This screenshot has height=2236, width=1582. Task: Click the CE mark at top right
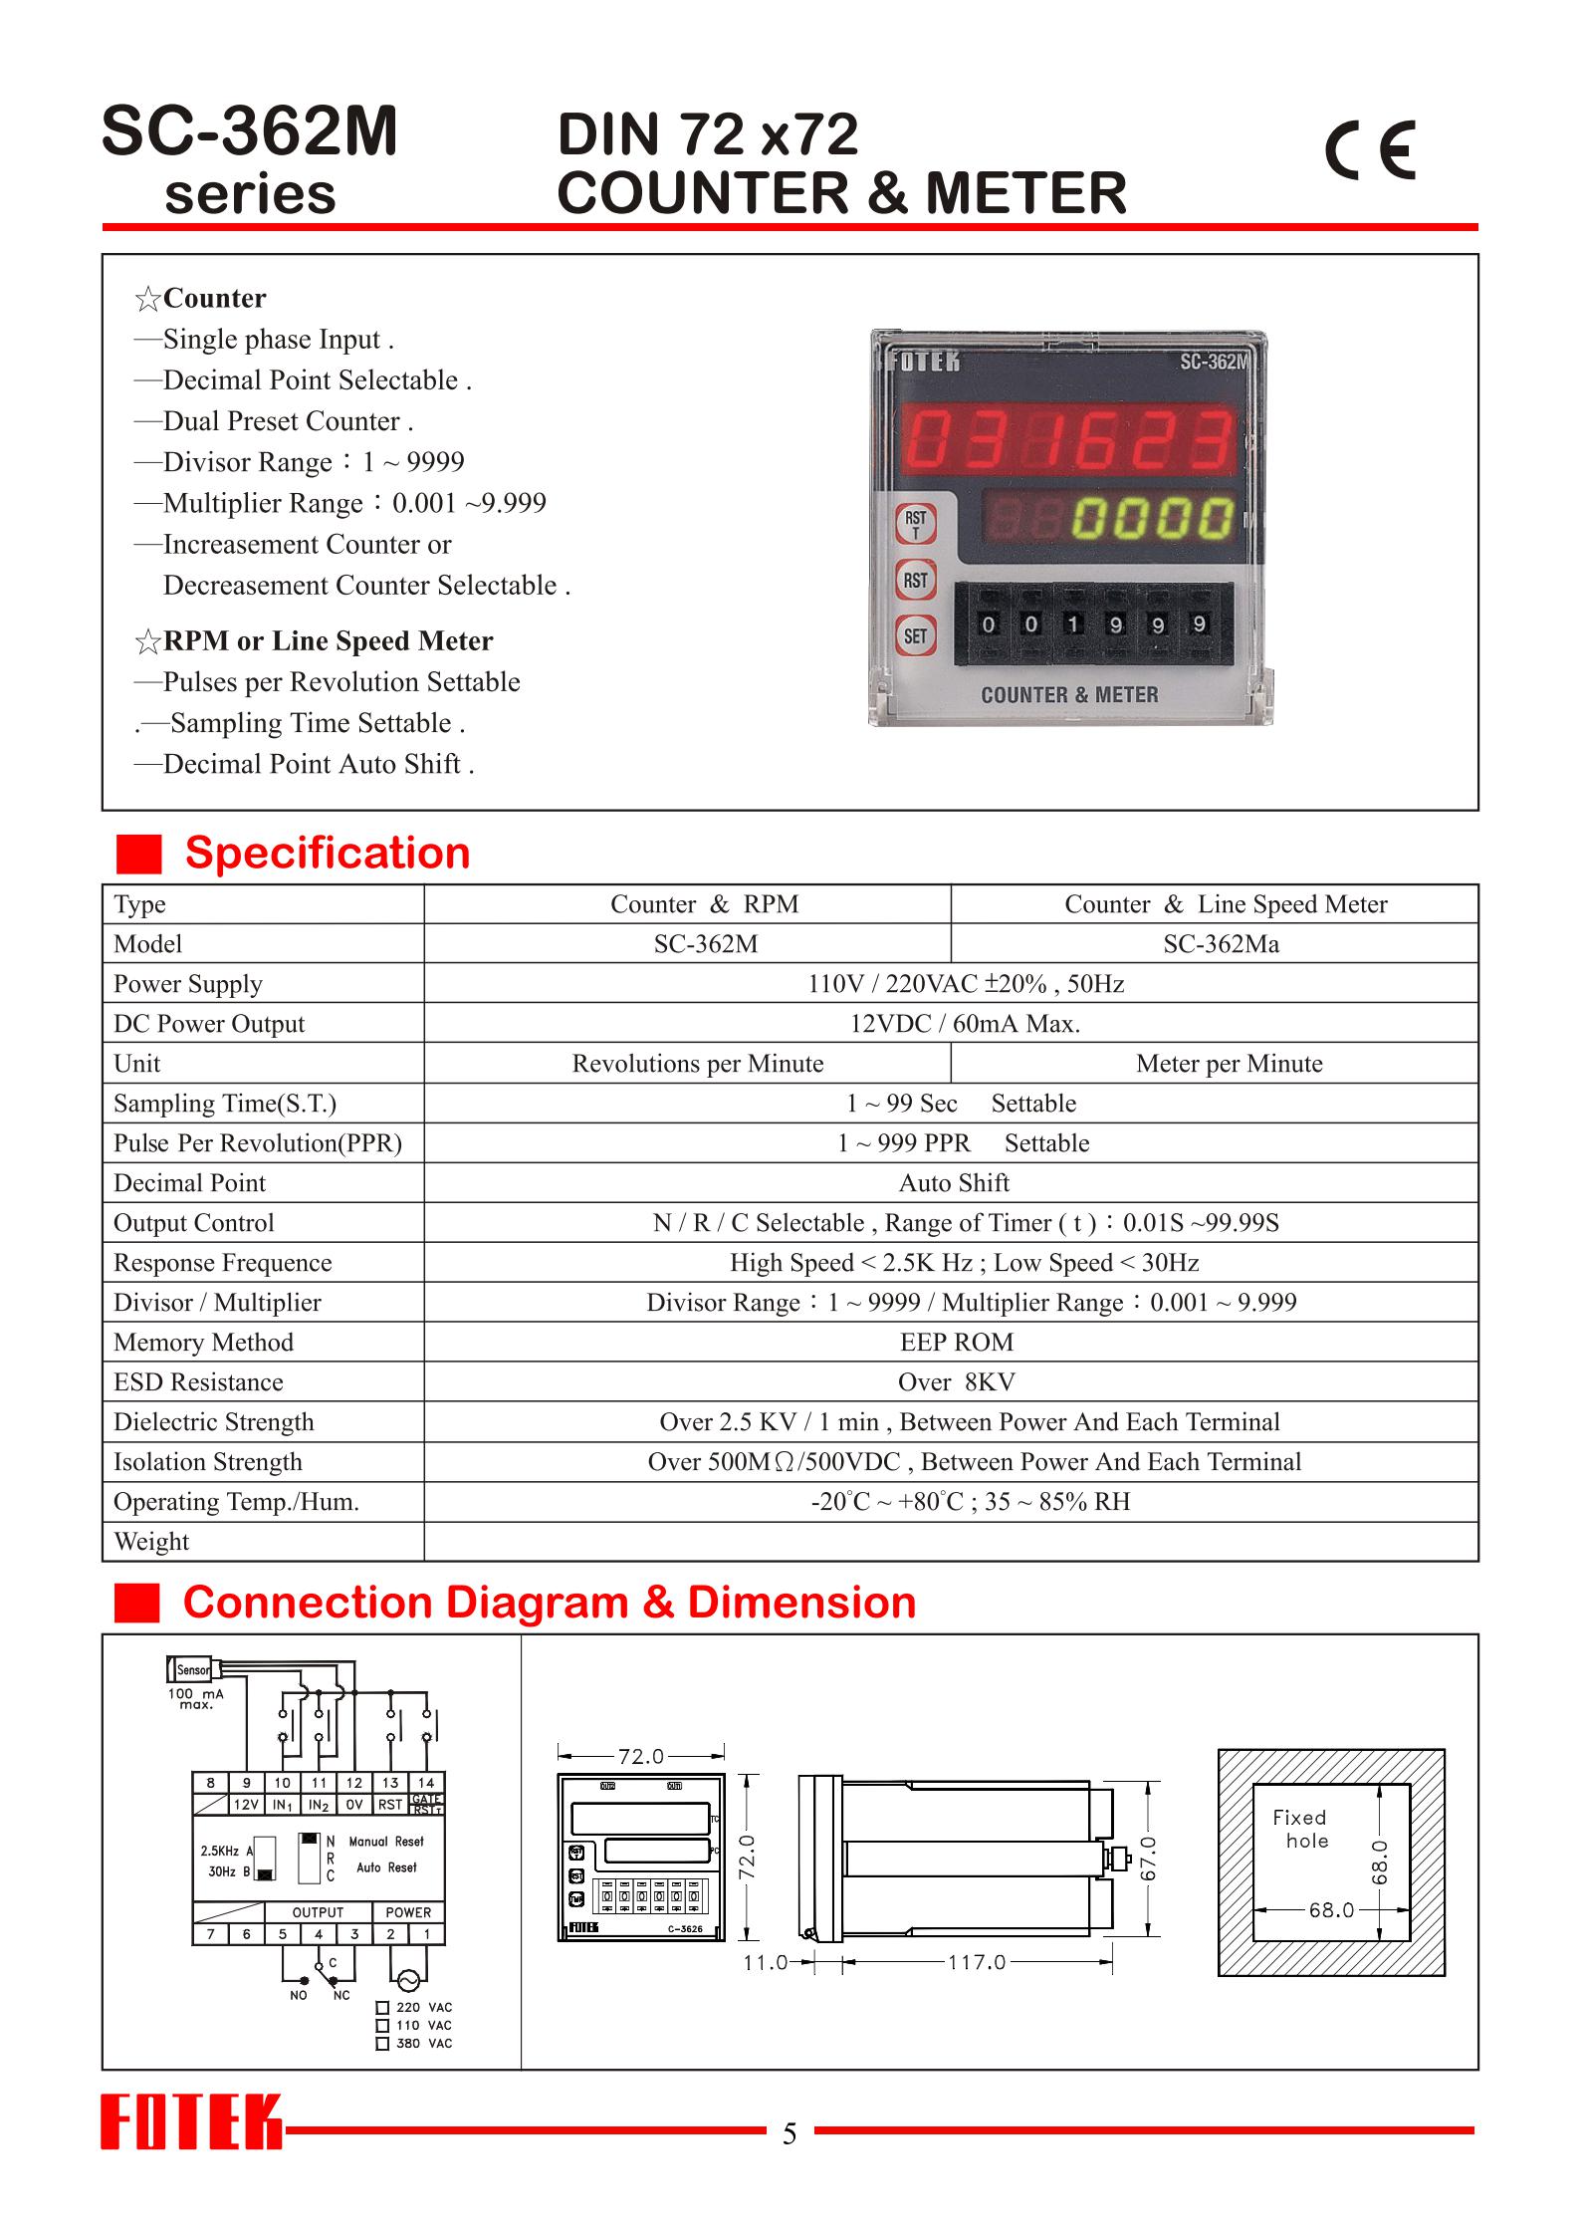pyautogui.click(x=1370, y=149)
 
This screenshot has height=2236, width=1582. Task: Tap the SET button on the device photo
pyautogui.click(x=915, y=635)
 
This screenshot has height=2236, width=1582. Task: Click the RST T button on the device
pyautogui.click(x=915, y=524)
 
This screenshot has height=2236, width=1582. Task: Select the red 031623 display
pyautogui.click(x=1068, y=440)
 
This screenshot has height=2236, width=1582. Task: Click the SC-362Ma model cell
pyautogui.click(x=1221, y=944)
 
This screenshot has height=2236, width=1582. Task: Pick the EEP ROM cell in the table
pyautogui.click(x=956, y=1343)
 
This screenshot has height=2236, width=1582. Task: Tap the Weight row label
pyautogui.click(x=151, y=1542)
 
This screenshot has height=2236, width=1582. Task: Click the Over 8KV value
pyautogui.click(x=956, y=1382)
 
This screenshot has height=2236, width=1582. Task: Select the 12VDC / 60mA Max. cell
pyautogui.click(x=964, y=1024)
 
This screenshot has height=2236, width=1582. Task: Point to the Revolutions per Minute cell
pyautogui.click(x=697, y=1064)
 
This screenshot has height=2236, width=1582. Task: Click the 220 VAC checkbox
pyautogui.click(x=382, y=2008)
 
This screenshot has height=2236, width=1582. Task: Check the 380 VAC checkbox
pyautogui.click(x=382, y=2044)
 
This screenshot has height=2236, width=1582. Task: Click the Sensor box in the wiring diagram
pyautogui.click(x=192, y=1670)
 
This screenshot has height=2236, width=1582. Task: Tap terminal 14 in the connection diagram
pyautogui.click(x=426, y=1783)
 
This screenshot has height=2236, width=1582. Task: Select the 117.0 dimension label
pyautogui.click(x=976, y=1963)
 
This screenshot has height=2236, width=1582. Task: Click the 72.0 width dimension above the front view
pyautogui.click(x=640, y=1756)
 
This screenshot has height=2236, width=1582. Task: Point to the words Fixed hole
pyautogui.click(x=1300, y=1830)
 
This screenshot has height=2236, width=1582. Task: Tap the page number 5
pyautogui.click(x=790, y=2133)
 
